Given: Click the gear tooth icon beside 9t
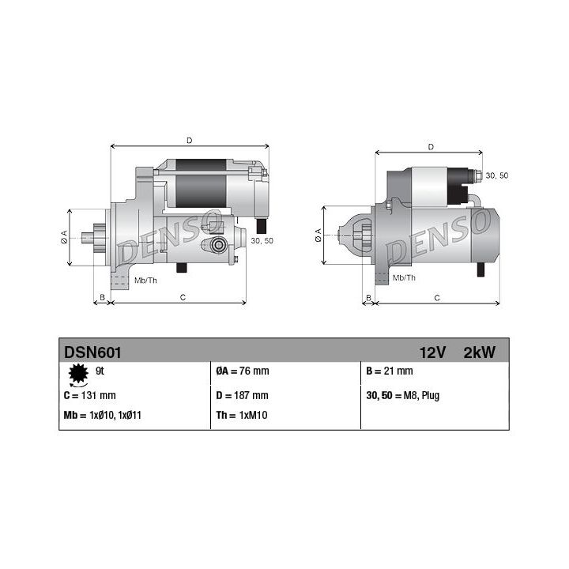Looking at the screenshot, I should pyautogui.click(x=77, y=372).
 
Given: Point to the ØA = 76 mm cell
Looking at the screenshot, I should pyautogui.click(x=243, y=371).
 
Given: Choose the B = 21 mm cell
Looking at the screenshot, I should pyautogui.click(x=390, y=371).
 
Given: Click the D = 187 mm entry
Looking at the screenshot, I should pyautogui.click(x=243, y=395).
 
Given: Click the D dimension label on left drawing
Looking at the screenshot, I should pyautogui.click(x=189, y=141).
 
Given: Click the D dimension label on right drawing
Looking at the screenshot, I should pyautogui.click(x=430, y=146).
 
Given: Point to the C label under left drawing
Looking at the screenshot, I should pyautogui.click(x=183, y=297).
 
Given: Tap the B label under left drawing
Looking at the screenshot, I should pyautogui.click(x=101, y=297).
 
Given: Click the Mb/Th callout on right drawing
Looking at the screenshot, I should pyautogui.click(x=404, y=277).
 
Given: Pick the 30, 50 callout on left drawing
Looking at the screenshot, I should pyautogui.click(x=262, y=240).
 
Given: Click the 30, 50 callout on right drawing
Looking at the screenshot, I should pyautogui.click(x=496, y=175).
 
